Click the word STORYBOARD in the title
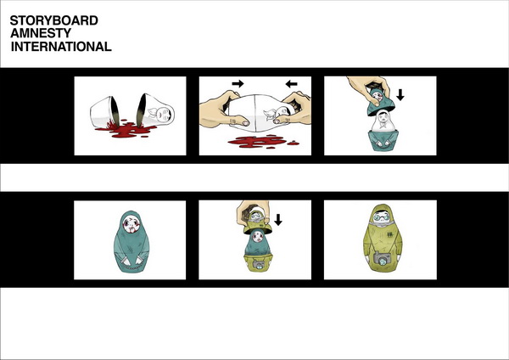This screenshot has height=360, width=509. [x=54, y=20]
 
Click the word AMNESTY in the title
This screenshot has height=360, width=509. [x=41, y=33]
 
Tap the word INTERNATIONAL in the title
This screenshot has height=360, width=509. [x=61, y=47]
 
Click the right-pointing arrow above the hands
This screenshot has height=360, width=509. [x=238, y=84]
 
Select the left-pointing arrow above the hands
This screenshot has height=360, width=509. [x=291, y=84]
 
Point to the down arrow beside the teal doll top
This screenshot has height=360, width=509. [x=400, y=94]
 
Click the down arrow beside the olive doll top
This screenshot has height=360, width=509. [x=278, y=220]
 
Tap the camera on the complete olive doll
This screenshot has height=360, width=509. [x=382, y=259]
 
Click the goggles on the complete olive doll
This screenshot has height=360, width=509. [x=380, y=217]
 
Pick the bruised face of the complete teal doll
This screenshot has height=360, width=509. [x=131, y=224]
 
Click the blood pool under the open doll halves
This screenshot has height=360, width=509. [x=125, y=129]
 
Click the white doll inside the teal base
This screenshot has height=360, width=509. [x=384, y=121]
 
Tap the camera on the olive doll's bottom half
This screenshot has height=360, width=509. [x=258, y=264]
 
